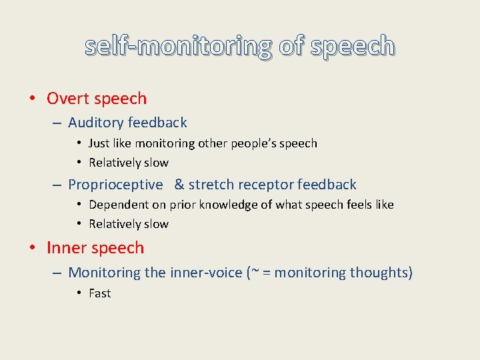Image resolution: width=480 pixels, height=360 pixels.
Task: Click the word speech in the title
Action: (x=353, y=46)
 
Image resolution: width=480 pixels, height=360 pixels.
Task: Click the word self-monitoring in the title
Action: (x=179, y=46)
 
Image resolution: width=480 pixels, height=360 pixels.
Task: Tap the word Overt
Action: (x=68, y=99)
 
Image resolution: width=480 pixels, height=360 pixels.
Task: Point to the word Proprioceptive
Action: (x=115, y=185)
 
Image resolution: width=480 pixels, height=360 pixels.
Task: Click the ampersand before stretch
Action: (x=179, y=185)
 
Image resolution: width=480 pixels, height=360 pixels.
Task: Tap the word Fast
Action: (x=100, y=293)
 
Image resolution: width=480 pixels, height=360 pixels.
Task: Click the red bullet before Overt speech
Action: (x=33, y=99)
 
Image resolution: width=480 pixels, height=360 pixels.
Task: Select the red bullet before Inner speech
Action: (x=33, y=249)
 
